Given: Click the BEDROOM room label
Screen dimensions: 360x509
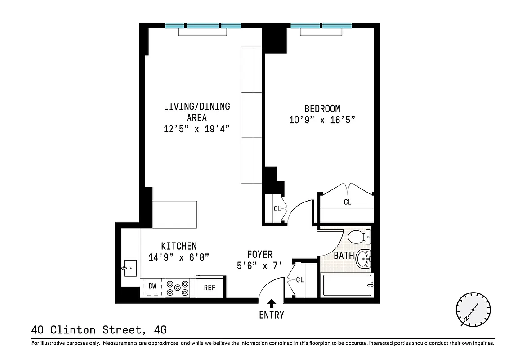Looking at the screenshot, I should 322,108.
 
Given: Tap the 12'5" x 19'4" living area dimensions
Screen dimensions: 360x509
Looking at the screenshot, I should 197,129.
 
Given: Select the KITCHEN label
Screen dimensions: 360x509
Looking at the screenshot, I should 179,246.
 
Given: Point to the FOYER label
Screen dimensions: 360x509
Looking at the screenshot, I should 260,255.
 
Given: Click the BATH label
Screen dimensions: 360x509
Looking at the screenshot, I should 344,256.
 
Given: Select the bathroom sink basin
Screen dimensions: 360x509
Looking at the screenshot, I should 363,259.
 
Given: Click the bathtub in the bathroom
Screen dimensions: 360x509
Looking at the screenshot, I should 347,285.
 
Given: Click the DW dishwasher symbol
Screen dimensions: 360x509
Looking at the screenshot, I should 152,286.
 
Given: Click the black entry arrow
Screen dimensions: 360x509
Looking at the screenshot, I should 272,304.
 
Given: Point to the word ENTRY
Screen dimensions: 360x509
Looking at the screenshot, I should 272,315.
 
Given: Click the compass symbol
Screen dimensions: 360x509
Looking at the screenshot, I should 473,310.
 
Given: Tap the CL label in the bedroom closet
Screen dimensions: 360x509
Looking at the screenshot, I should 348,202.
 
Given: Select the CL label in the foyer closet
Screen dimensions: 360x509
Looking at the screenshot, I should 300,279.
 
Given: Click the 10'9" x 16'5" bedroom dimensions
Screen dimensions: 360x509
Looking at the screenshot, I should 322,120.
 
